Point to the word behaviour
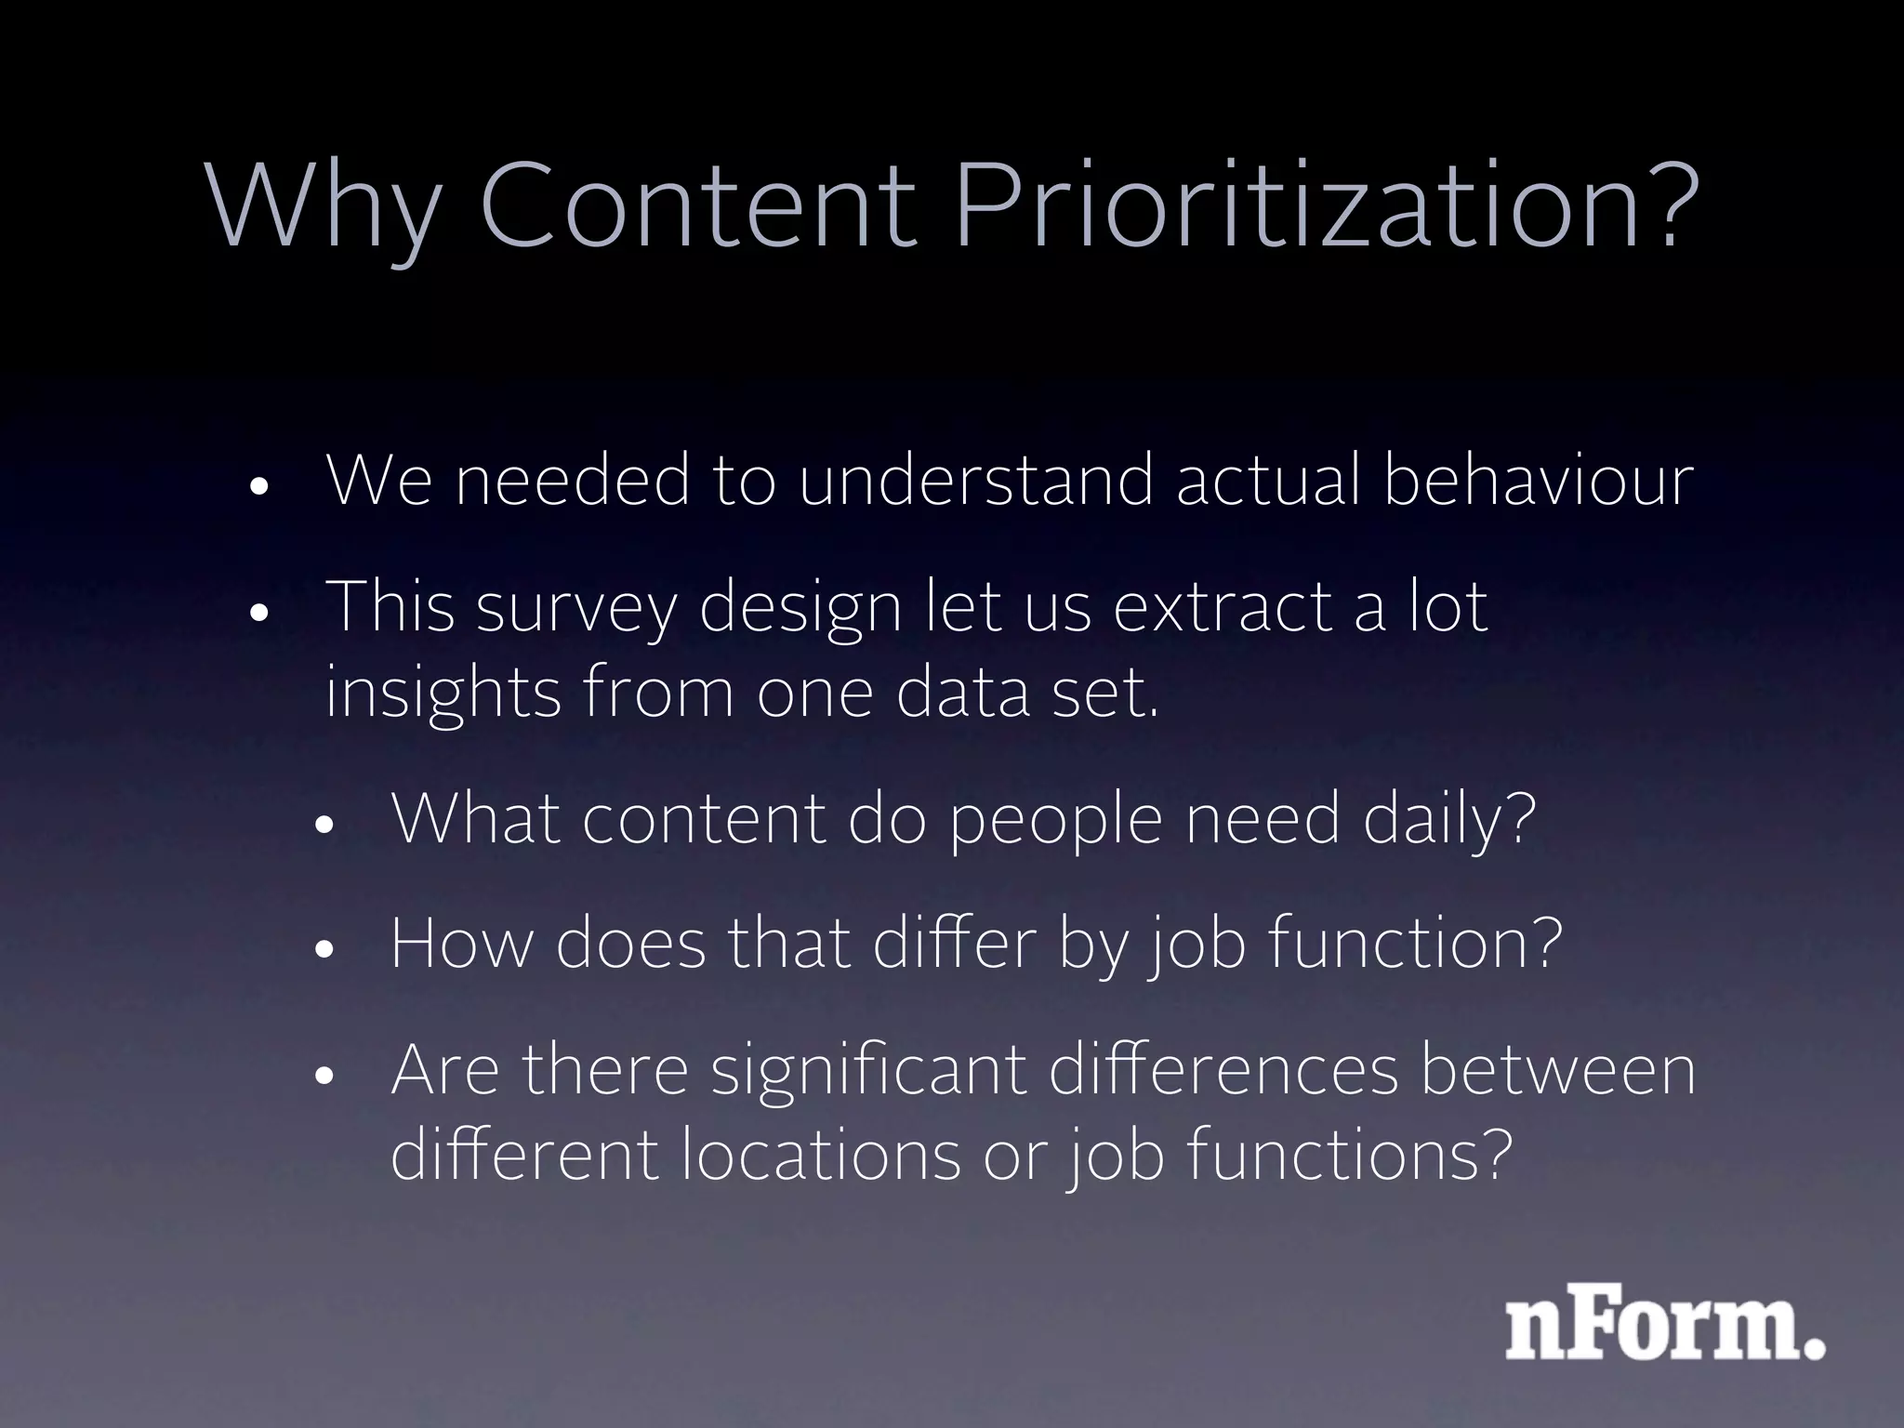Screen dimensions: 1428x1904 (x=1538, y=481)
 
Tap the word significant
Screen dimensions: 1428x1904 (x=868, y=1071)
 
